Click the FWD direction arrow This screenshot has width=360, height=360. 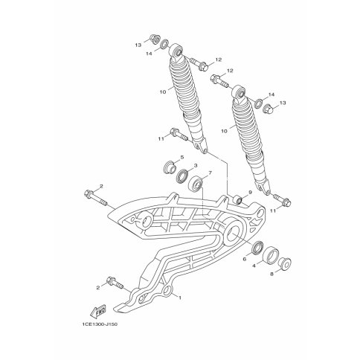pyautogui.click(x=98, y=311)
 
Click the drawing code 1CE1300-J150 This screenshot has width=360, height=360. pyautogui.click(x=99, y=324)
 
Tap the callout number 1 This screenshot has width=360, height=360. pyautogui.click(x=180, y=298)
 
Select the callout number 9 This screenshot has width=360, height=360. pyautogui.click(x=250, y=192)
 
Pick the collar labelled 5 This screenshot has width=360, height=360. pyautogui.click(x=170, y=167)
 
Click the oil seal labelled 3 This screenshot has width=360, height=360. pyautogui.click(x=183, y=176)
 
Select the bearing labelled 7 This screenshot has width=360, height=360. pyautogui.click(x=196, y=184)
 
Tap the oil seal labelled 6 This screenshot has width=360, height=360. pyautogui.click(x=257, y=247)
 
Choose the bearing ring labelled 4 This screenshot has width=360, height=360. pyautogui.click(x=271, y=254)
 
